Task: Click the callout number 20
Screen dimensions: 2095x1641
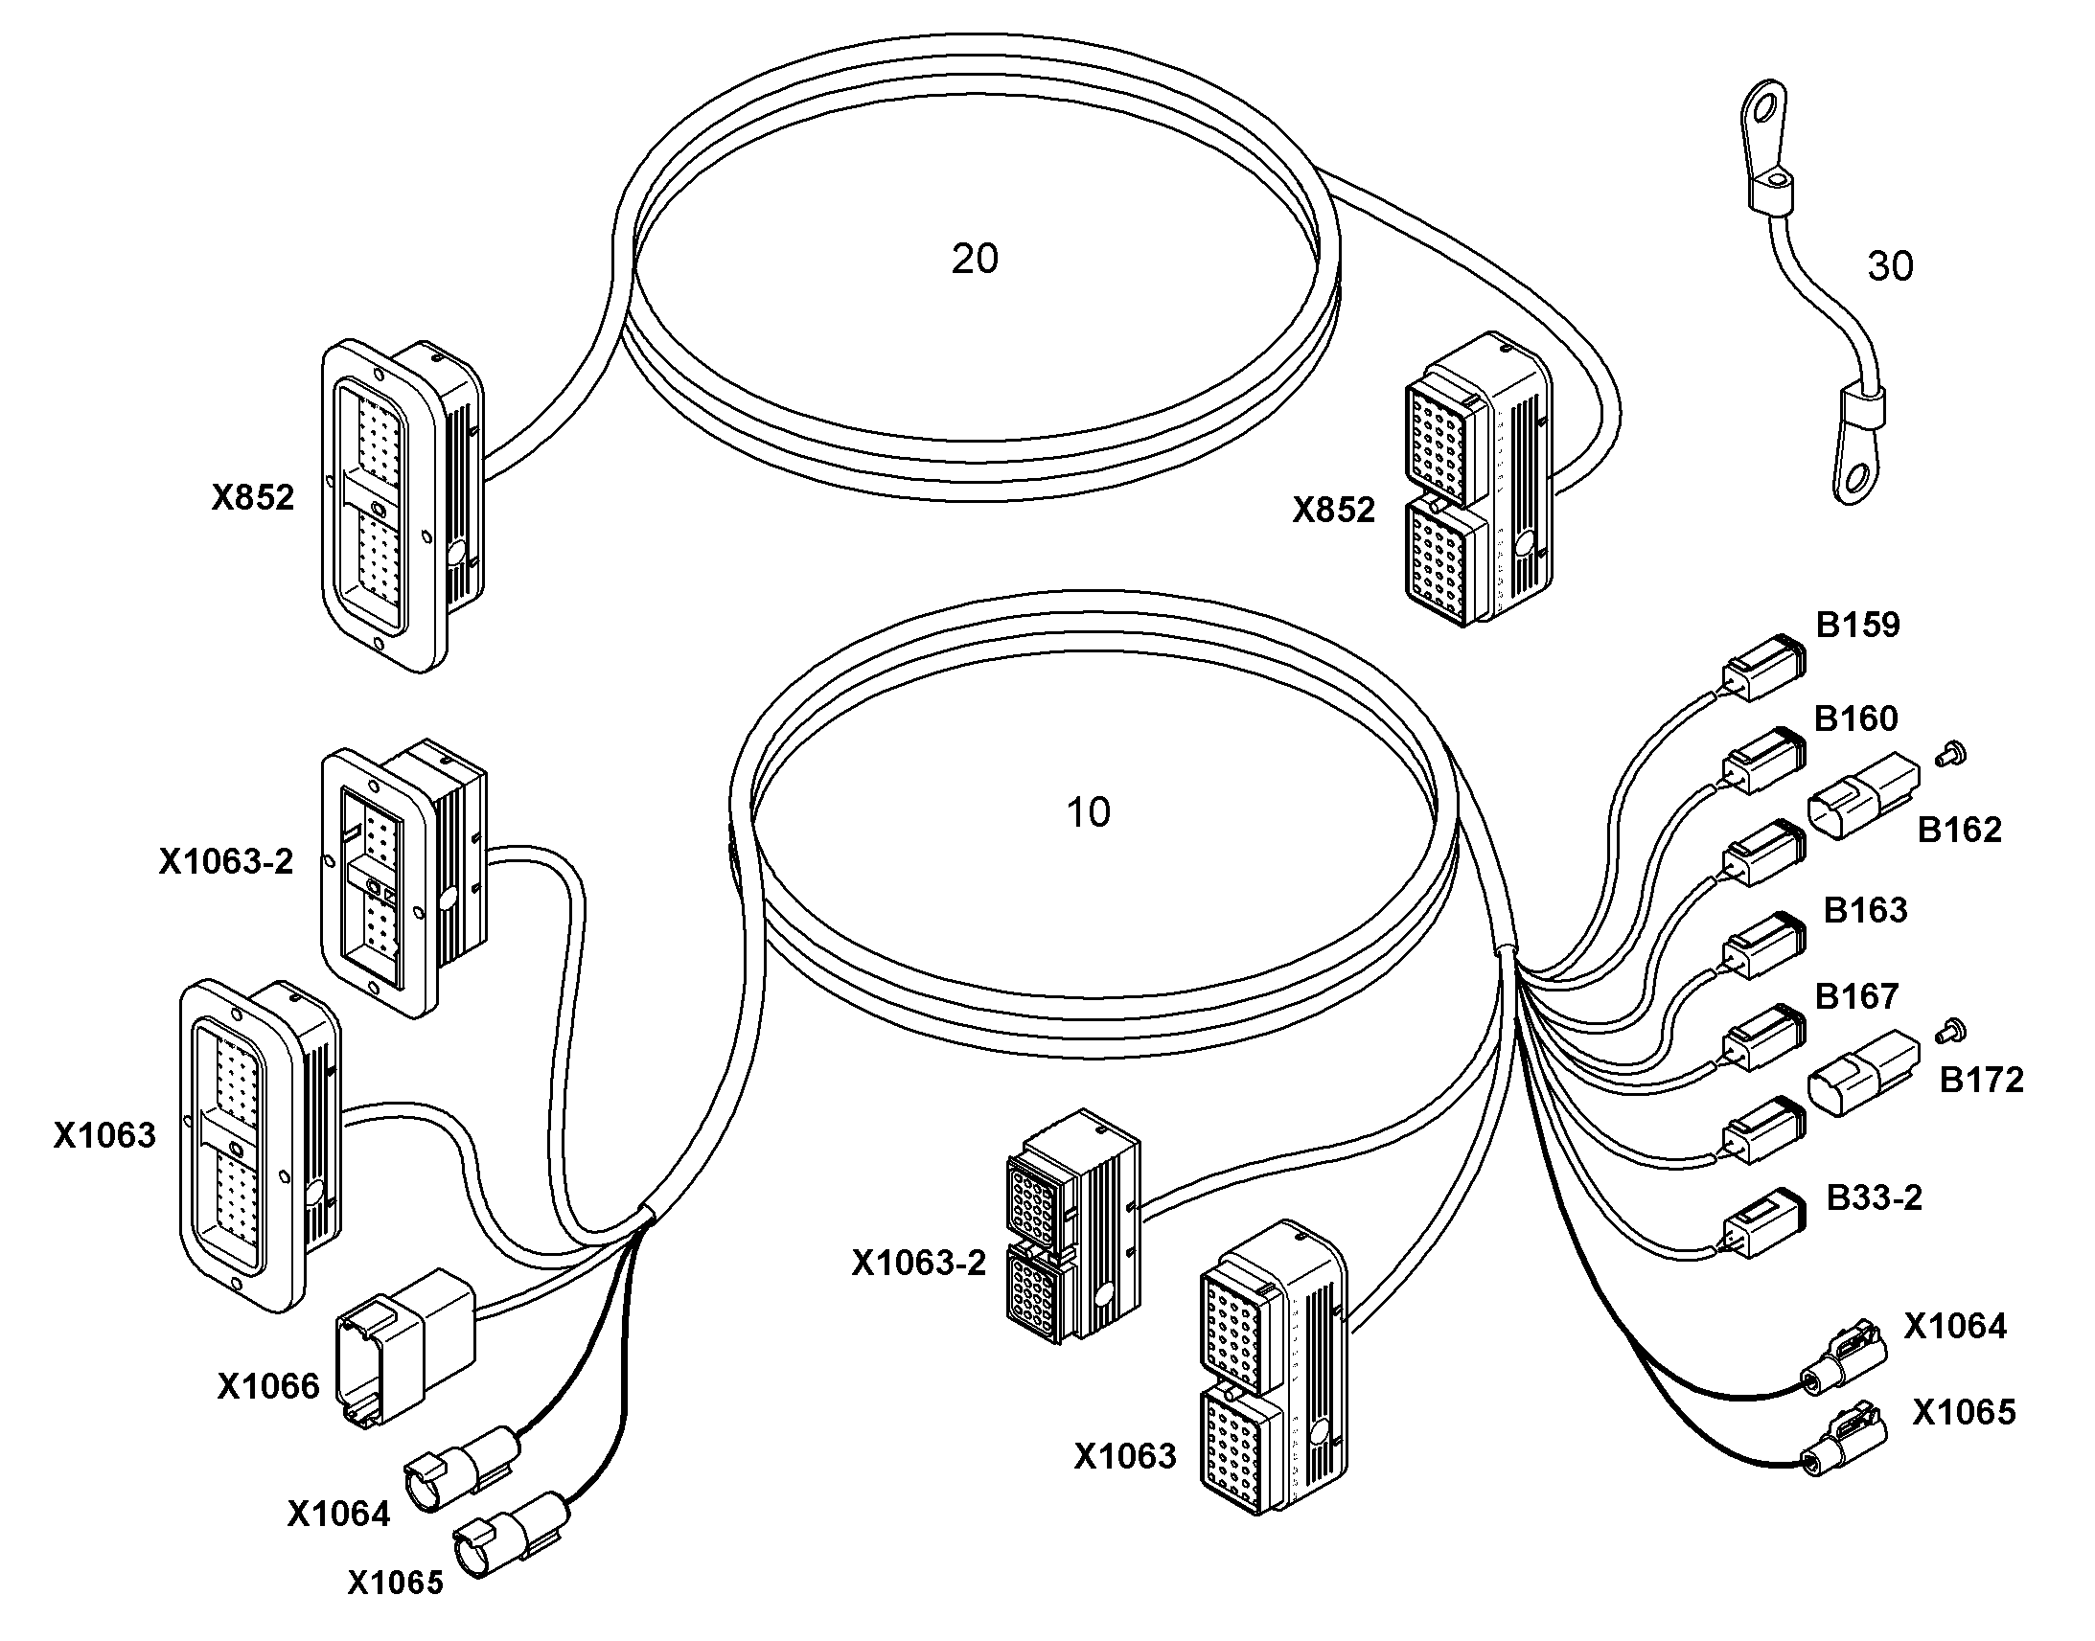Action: pyautogui.click(x=975, y=259)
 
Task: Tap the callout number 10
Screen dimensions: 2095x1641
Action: pyautogui.click(x=1089, y=812)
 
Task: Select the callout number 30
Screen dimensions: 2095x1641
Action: pyautogui.click(x=1889, y=266)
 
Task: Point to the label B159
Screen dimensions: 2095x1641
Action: pyautogui.click(x=1857, y=625)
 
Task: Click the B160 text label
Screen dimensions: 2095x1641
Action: pyautogui.click(x=1855, y=718)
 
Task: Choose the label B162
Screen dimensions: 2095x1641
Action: pyautogui.click(x=1960, y=830)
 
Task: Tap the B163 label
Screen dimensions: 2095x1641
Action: pyautogui.click(x=1865, y=909)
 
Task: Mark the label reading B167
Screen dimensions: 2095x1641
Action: pyautogui.click(x=1855, y=995)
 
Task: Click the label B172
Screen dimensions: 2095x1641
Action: pyautogui.click(x=1982, y=1080)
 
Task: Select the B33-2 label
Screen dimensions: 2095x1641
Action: pyautogui.click(x=1874, y=1197)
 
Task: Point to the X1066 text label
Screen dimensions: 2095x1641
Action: pyautogui.click(x=268, y=1386)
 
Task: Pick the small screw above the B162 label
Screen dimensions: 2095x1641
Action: pyautogui.click(x=1951, y=754)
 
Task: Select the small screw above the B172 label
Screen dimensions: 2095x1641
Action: pyautogui.click(x=1952, y=1030)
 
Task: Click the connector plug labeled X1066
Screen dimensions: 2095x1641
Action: pyautogui.click(x=403, y=1345)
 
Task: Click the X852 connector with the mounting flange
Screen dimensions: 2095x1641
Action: pyautogui.click(x=403, y=507)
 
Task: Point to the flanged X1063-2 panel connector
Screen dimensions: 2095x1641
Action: pyautogui.click(x=403, y=879)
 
